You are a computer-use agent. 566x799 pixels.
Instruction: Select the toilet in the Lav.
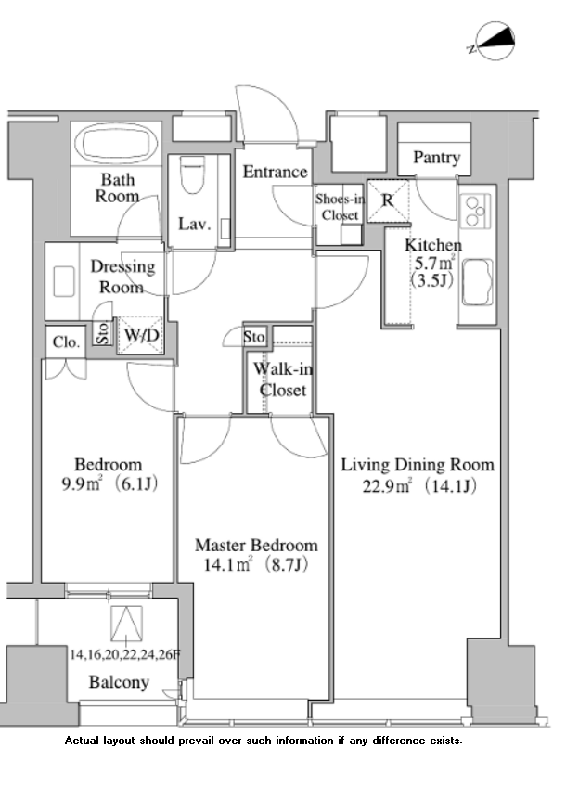pos(193,174)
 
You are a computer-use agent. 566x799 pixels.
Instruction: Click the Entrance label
pos(275,172)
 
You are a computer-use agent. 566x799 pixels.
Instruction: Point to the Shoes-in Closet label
pos(340,207)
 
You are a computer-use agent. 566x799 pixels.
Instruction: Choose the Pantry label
pos(436,158)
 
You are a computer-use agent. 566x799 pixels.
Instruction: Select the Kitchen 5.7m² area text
pos(432,264)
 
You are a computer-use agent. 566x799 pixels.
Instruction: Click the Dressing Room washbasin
pos(65,279)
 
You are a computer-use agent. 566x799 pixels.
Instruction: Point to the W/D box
pos(141,335)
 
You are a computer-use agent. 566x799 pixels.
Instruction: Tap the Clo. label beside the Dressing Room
pos(66,342)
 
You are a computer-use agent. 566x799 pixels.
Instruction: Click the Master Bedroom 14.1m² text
pos(255,554)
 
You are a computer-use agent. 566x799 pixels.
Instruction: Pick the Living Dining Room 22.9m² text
pos(417,473)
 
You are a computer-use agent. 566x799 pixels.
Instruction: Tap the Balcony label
pos(119,682)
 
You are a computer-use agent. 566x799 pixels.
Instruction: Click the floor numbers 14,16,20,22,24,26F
pos(124,654)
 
